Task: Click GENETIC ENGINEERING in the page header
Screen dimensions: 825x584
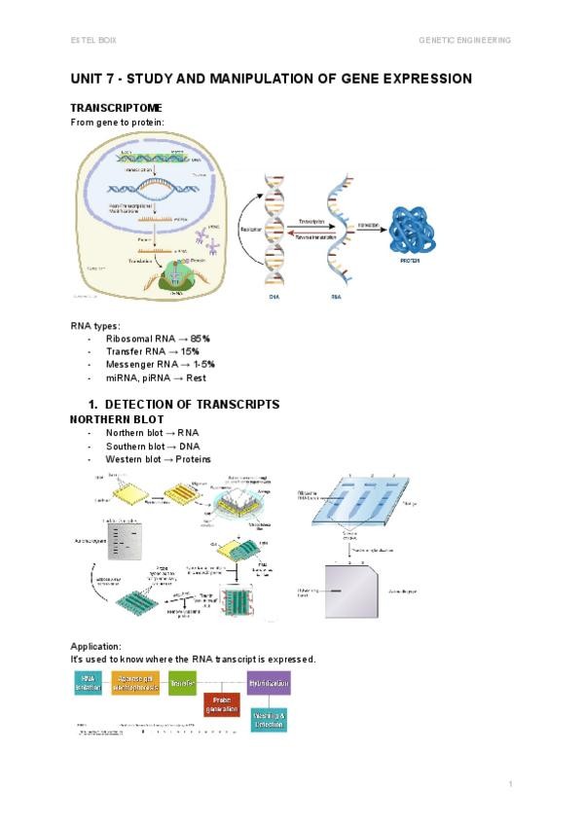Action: [x=464, y=40]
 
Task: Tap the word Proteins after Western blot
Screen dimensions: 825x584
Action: [x=190, y=459]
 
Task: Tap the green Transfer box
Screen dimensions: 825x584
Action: [x=182, y=683]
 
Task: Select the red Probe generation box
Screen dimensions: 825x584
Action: [x=221, y=703]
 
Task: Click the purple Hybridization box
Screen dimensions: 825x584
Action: [x=269, y=683]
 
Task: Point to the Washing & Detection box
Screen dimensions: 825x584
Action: [x=269, y=720]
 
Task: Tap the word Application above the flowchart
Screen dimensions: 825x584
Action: [x=96, y=646]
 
